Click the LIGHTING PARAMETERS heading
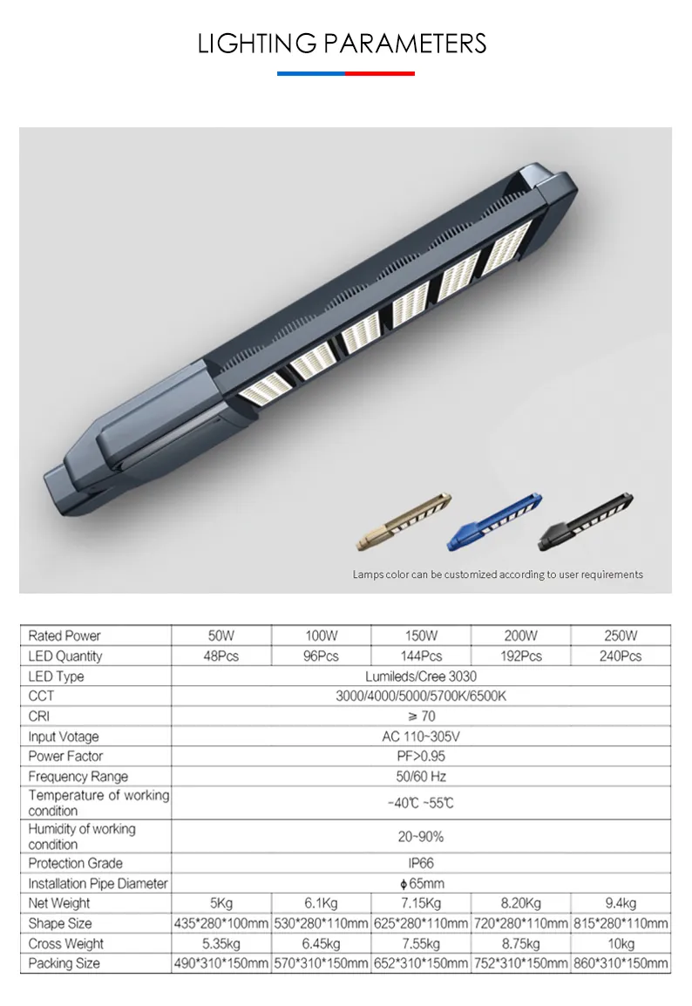tap(342, 44)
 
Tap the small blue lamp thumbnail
tap(494, 521)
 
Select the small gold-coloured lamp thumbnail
tap(404, 521)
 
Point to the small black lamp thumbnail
tap(585, 521)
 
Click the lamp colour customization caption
tap(498, 574)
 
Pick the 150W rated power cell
tap(421, 636)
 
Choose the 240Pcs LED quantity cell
tap(621, 656)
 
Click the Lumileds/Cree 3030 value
tap(421, 676)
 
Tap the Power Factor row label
tap(65, 757)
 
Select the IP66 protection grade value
tap(421, 864)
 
